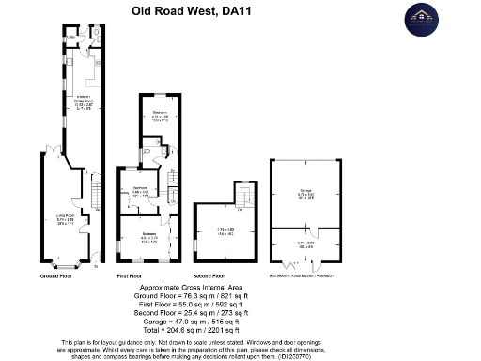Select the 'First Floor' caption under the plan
[130, 276]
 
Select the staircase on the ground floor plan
[96, 194]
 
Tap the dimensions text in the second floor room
[225, 231]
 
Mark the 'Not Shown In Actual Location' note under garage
[304, 276]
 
